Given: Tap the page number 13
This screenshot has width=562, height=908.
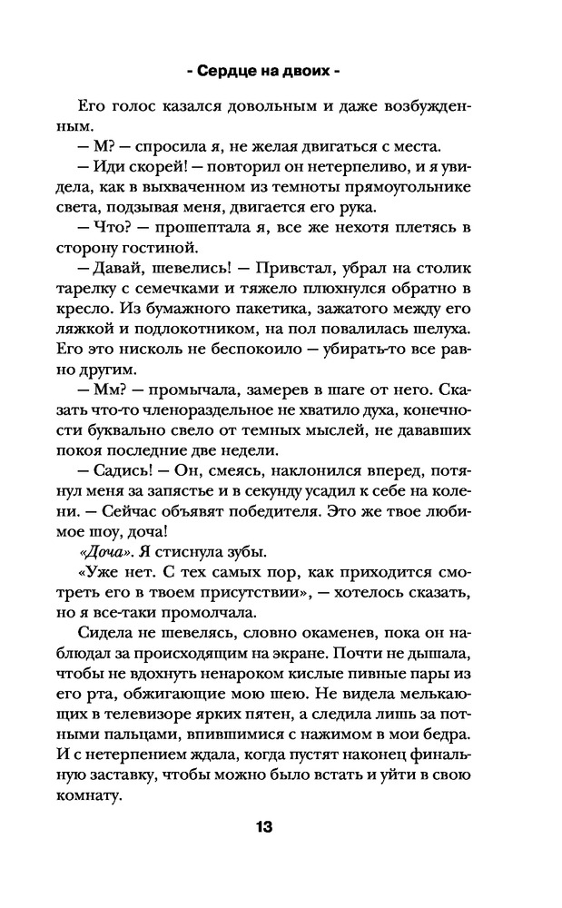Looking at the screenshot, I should click(x=263, y=827).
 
